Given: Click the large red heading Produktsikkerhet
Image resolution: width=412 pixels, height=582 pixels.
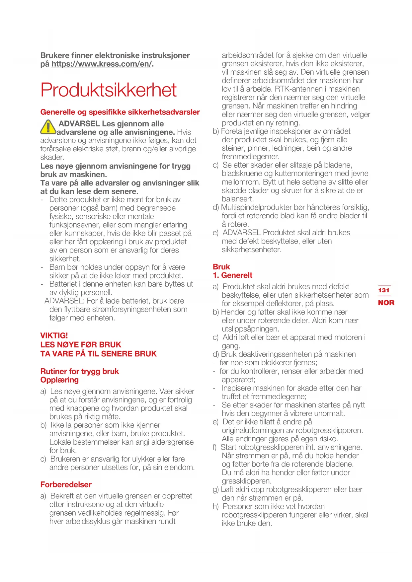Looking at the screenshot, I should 109,90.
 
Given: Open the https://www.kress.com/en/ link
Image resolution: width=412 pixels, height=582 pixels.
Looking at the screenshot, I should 102,64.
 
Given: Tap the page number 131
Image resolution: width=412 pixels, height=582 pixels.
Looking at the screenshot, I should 384,290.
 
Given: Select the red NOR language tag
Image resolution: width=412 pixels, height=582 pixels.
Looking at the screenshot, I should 386,303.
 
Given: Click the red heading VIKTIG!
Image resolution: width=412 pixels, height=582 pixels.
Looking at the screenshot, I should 54,335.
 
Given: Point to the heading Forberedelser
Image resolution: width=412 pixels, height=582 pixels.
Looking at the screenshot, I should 66,484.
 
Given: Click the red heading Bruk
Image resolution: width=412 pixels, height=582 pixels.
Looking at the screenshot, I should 221,267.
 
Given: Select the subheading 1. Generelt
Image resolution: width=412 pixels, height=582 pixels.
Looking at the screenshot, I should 233,275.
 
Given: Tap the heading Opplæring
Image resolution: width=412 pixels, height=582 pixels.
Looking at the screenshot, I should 60,380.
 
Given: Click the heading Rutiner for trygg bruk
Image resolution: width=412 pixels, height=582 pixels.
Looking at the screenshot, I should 80,371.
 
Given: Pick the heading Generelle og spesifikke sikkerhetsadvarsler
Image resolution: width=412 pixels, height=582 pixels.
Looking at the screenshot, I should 120,112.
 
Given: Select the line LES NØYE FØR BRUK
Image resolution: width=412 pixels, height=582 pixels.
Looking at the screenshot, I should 81,344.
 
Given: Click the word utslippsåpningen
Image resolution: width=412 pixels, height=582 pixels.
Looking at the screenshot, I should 250,329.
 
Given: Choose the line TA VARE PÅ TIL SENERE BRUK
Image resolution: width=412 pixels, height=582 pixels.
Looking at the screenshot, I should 99,354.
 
